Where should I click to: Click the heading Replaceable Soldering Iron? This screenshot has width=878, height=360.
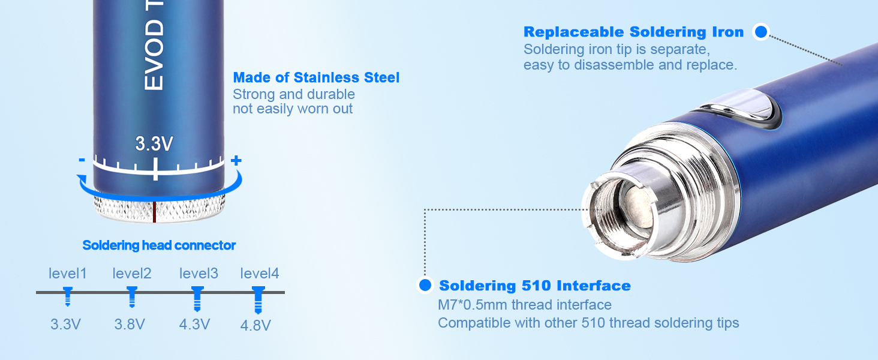[x=633, y=32]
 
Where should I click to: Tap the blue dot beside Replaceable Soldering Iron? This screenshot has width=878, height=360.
[x=760, y=32]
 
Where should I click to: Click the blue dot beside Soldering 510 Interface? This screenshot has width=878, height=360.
[x=425, y=285]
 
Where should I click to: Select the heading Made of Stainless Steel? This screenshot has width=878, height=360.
[x=316, y=77]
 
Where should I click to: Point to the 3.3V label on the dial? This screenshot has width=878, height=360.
[x=154, y=144]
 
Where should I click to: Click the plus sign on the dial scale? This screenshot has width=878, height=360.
[x=236, y=160]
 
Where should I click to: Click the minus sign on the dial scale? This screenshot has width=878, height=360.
[x=82, y=160]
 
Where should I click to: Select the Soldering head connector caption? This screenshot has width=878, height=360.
[x=159, y=245]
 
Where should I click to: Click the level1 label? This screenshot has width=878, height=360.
[x=68, y=274]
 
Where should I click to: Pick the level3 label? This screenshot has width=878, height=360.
[x=199, y=274]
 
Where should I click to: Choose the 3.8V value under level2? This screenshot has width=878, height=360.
[x=130, y=325]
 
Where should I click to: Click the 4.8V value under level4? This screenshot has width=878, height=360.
[x=255, y=325]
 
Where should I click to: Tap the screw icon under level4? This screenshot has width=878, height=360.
[x=258, y=299]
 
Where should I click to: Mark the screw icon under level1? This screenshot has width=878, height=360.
[x=68, y=296]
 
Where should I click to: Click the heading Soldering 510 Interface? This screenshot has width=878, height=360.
[x=535, y=286]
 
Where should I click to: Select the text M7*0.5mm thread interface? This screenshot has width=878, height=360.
[x=525, y=305]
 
